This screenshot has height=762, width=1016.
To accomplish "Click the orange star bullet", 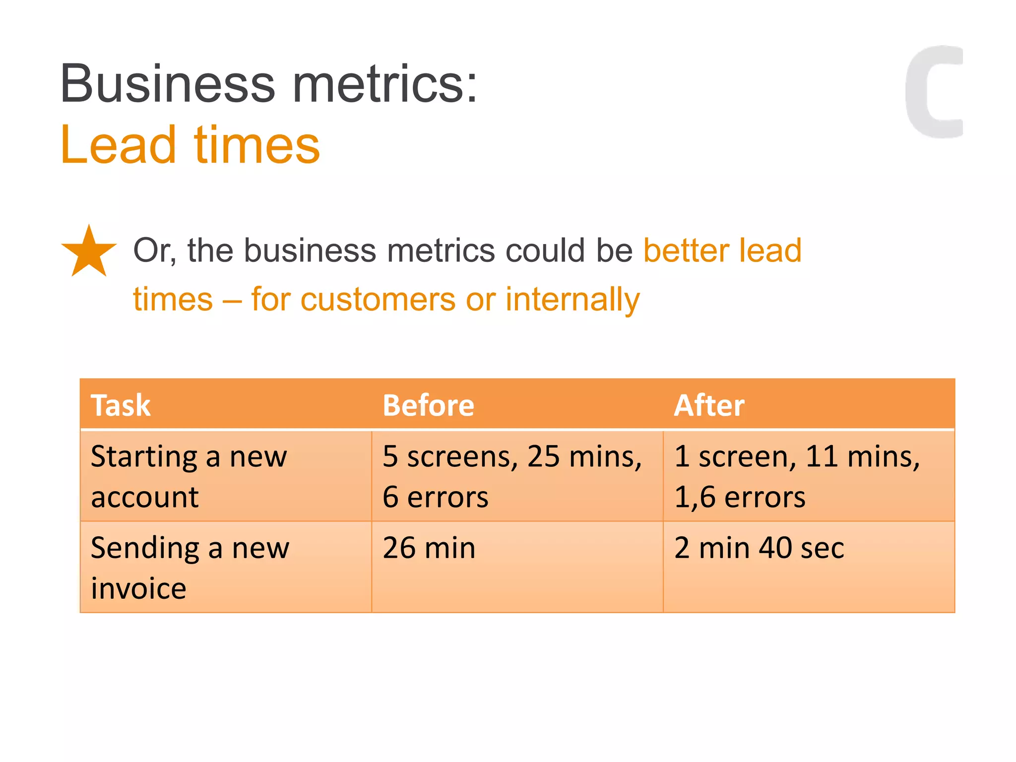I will coord(89,253).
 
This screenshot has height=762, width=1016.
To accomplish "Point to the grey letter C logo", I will coord(933,92).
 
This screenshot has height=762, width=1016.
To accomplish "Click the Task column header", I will coord(121,405).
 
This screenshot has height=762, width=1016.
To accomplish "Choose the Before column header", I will coord(428,405).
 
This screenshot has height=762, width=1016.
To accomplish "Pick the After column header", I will coord(709,405).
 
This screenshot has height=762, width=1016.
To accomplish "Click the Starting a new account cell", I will coord(189,476).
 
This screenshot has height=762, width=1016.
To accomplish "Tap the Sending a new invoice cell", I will coord(190,568).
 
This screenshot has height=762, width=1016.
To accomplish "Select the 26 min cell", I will coord(429,548).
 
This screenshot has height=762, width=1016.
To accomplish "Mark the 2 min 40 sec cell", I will coord(759,548).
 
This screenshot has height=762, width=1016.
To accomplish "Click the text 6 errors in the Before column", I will coord(435,497).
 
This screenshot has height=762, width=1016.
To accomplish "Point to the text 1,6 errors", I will coord(740,497).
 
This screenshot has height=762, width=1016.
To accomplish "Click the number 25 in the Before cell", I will coord(543,456).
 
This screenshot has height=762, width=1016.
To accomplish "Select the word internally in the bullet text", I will coord(572,300).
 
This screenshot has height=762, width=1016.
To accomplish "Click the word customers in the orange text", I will coord(378,300).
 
